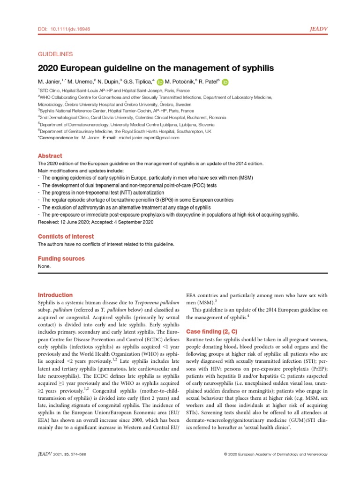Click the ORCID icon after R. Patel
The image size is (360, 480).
tap(225, 82)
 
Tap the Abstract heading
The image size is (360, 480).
tap(50, 156)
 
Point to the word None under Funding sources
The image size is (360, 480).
tap(43, 266)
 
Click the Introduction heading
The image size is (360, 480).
tap(55, 295)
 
